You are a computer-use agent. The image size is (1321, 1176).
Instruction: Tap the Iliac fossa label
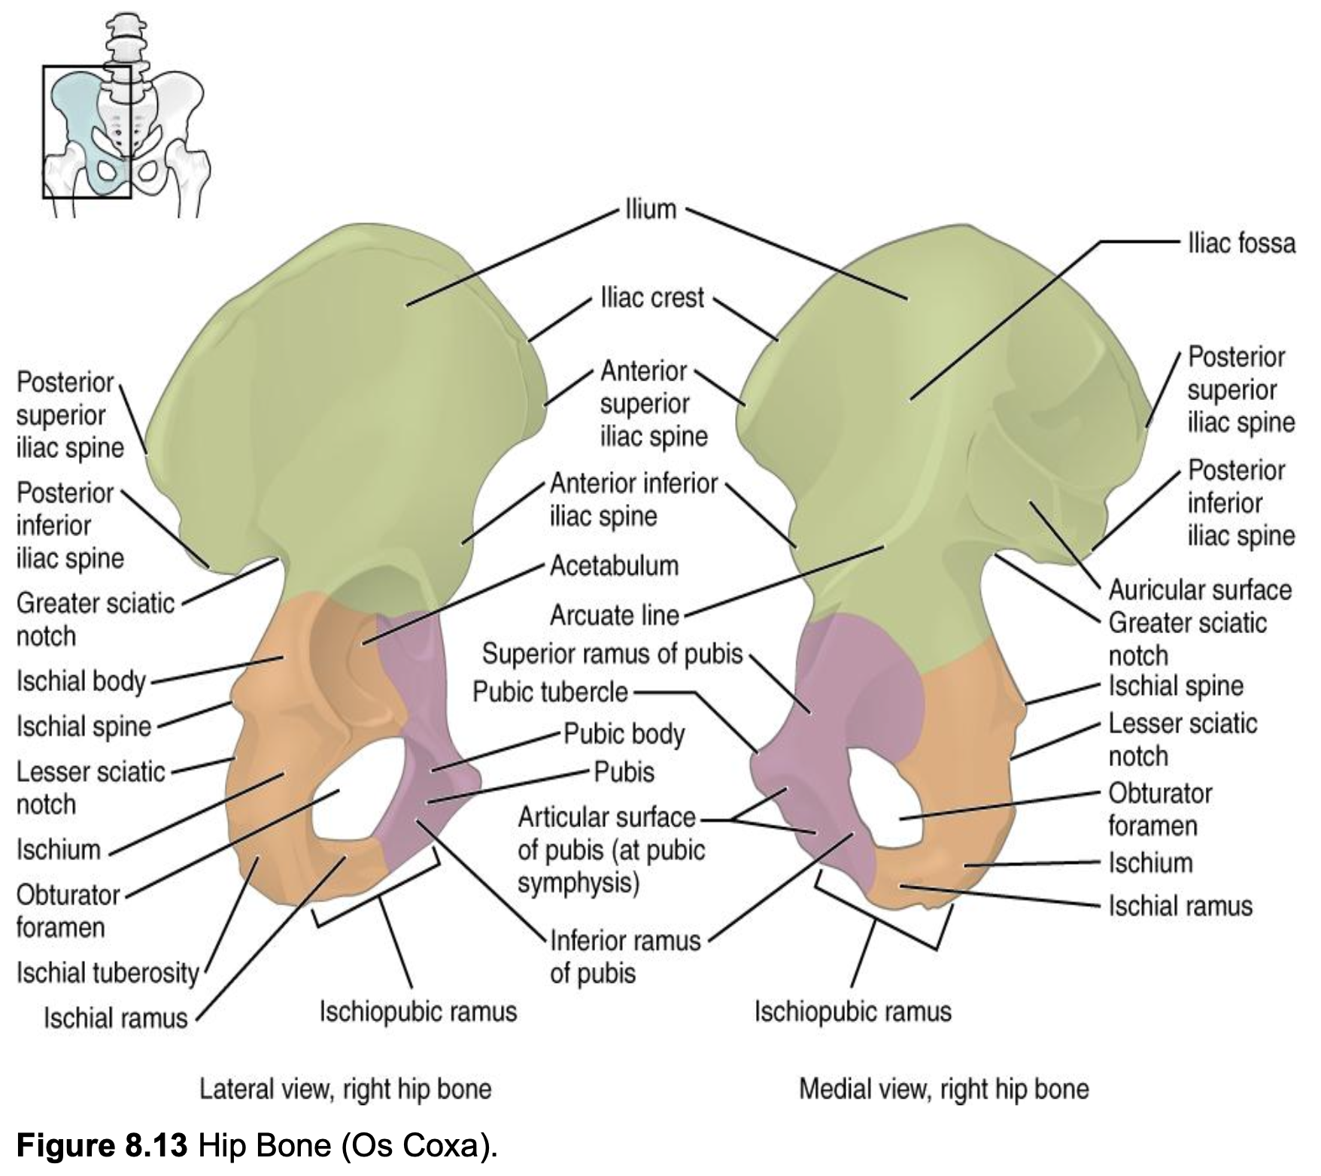tap(1241, 243)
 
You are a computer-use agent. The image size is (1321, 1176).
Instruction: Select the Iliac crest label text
tap(652, 298)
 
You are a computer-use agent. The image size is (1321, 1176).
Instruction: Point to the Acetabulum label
tap(614, 565)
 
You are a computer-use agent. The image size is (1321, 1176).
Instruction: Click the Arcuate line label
tap(615, 616)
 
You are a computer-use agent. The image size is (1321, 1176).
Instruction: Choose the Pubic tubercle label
tap(550, 692)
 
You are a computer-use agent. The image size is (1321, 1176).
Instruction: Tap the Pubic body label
tap(624, 734)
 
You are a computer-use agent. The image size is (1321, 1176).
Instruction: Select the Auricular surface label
tap(1200, 590)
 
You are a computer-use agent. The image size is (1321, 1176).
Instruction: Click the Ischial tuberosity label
tap(108, 973)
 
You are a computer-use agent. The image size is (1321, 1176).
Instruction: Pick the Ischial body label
tap(80, 681)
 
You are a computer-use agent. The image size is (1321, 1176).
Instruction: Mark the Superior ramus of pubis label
tap(612, 654)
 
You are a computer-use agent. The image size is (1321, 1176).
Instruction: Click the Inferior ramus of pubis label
tap(625, 956)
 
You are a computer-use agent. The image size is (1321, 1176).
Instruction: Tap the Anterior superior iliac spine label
tap(654, 404)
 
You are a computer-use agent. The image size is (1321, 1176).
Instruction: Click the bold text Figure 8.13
tap(102, 1145)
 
